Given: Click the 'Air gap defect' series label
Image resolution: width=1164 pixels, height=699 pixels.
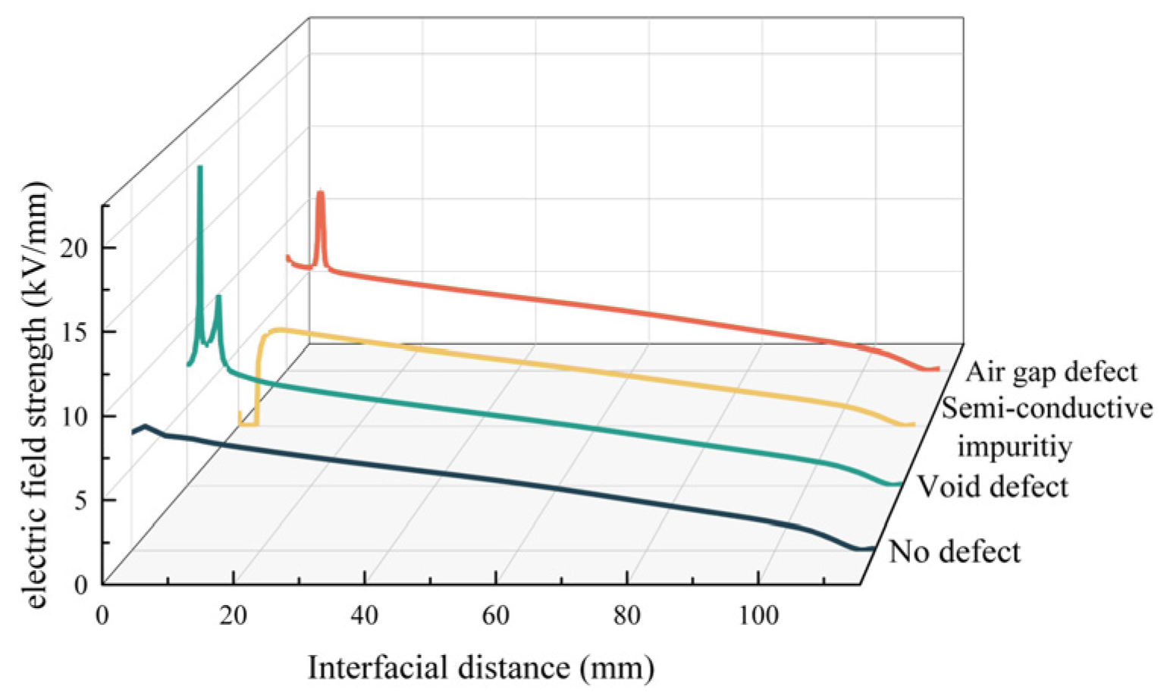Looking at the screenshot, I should pyautogui.click(x=1051, y=372).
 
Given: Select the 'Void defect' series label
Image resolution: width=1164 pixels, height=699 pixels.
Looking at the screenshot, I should pyautogui.click(x=992, y=487).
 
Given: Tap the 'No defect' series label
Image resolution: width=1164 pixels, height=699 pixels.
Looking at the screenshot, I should pyautogui.click(x=954, y=552).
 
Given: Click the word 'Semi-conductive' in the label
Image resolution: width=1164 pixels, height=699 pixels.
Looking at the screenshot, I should pyautogui.click(x=1046, y=409).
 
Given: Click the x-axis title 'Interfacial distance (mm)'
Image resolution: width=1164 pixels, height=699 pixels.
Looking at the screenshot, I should pyautogui.click(x=481, y=668).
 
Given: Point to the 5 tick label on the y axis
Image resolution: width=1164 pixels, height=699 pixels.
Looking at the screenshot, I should pyautogui.click(x=81, y=500).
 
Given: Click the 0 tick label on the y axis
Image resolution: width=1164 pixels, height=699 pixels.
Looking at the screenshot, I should pyautogui.click(x=81, y=585).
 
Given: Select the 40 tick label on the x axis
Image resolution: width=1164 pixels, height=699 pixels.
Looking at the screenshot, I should pyautogui.click(x=364, y=616).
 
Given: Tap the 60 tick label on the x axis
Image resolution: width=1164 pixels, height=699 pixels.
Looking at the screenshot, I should pyautogui.click(x=495, y=616).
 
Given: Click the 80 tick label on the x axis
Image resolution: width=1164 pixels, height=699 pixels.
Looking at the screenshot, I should pyautogui.click(x=626, y=616).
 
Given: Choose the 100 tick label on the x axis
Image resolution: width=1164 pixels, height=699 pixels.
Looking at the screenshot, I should pyautogui.click(x=758, y=616).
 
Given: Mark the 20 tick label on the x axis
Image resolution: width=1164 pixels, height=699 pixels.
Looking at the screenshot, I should pyautogui.click(x=233, y=616).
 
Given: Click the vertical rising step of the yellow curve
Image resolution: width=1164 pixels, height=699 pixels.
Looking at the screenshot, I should pyautogui.click(x=258, y=379).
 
